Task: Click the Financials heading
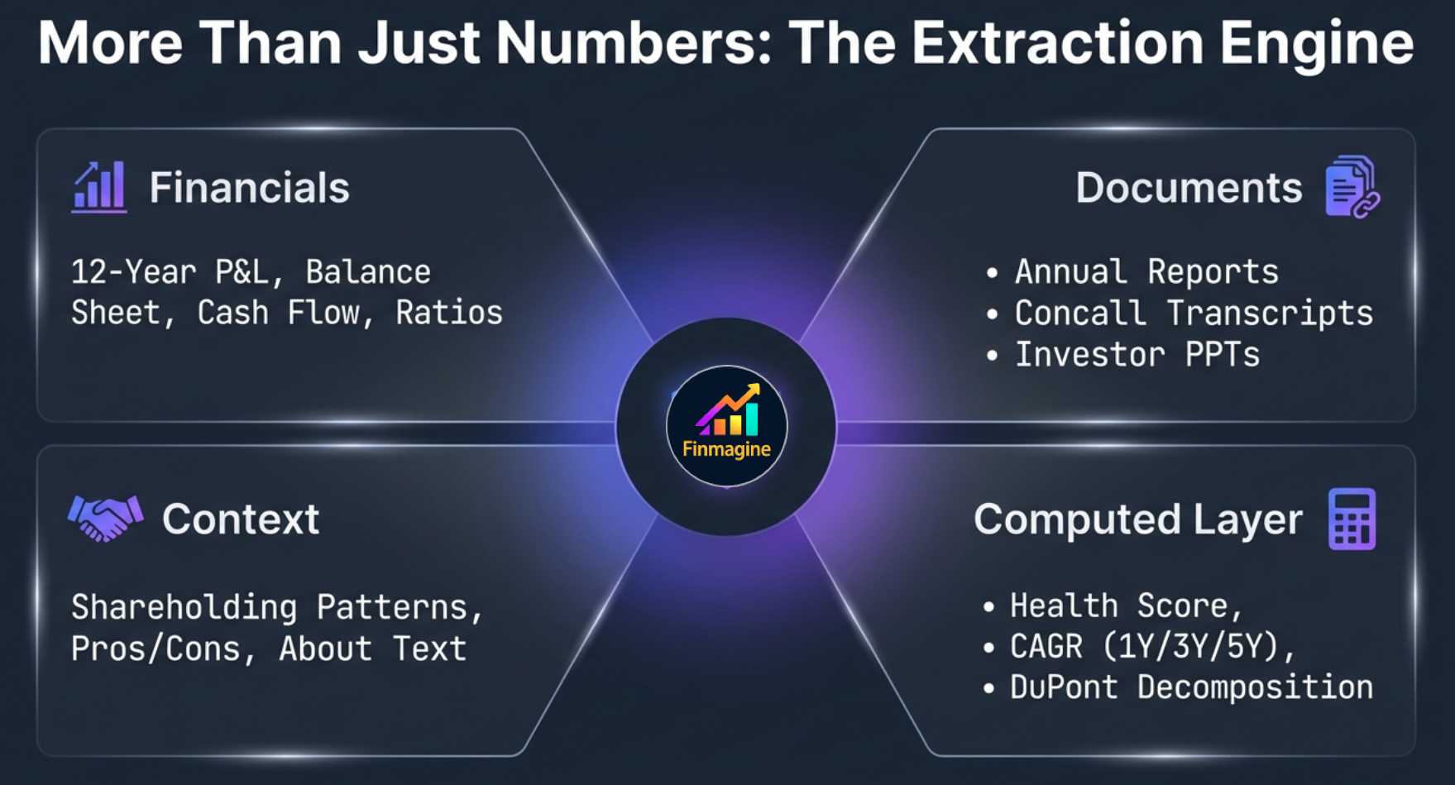coord(249,188)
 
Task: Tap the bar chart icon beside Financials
coord(99,187)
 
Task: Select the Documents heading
coord(1189,188)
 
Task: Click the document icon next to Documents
coord(1352,187)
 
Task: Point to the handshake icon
coord(105,518)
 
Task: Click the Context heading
coord(241,519)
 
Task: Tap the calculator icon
coord(1352,519)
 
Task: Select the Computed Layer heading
coord(1137,519)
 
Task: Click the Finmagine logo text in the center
coord(726,449)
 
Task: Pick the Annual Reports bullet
coord(1146,272)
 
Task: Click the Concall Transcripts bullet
coord(1193,314)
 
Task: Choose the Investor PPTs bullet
coord(1137,355)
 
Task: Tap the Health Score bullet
coord(1125,606)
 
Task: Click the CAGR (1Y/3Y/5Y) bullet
coord(1151,647)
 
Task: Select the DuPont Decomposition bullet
coord(1190,687)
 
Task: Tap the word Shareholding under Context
coord(184,608)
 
